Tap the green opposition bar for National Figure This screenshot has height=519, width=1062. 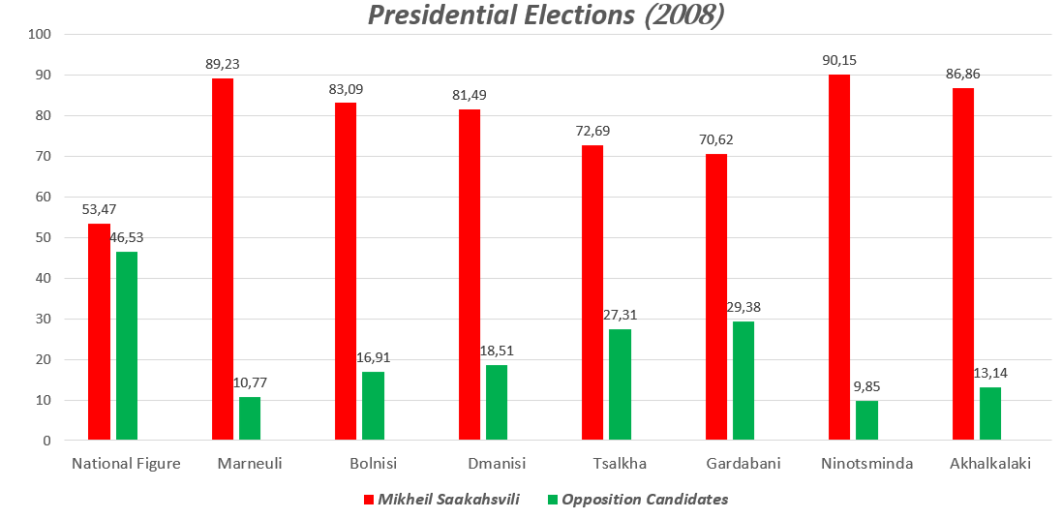tap(127, 346)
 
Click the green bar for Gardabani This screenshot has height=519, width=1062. tap(743, 381)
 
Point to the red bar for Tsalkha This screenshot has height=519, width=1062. tap(592, 292)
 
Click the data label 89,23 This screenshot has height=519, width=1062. tap(223, 65)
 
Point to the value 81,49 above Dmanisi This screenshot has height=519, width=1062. tap(470, 95)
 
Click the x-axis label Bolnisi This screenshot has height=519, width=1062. tap(374, 464)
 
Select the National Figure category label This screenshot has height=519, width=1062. tap(126, 464)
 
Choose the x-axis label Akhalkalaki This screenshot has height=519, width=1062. tap(990, 464)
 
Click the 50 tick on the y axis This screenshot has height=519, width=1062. tap(44, 237)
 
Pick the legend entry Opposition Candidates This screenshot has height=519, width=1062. tap(645, 500)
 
